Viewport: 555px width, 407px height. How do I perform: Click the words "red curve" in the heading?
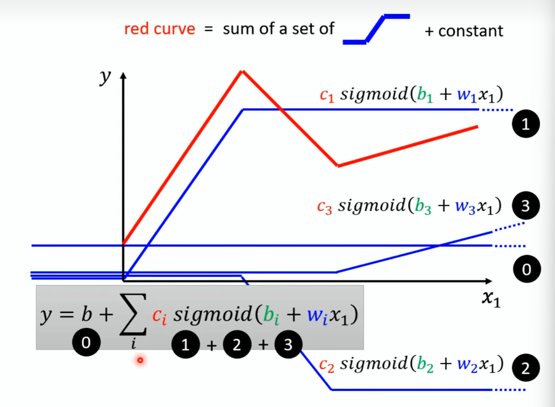(159, 29)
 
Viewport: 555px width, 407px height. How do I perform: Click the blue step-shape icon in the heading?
(376, 29)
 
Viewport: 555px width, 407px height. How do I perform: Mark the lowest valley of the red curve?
(338, 166)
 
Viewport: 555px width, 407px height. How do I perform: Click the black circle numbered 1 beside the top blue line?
(524, 125)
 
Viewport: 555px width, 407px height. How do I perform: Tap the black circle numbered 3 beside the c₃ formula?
(524, 207)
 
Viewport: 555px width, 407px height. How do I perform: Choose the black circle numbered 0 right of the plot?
(524, 269)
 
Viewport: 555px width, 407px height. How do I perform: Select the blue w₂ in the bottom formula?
(468, 366)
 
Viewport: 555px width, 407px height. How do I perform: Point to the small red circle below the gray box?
(140, 360)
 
